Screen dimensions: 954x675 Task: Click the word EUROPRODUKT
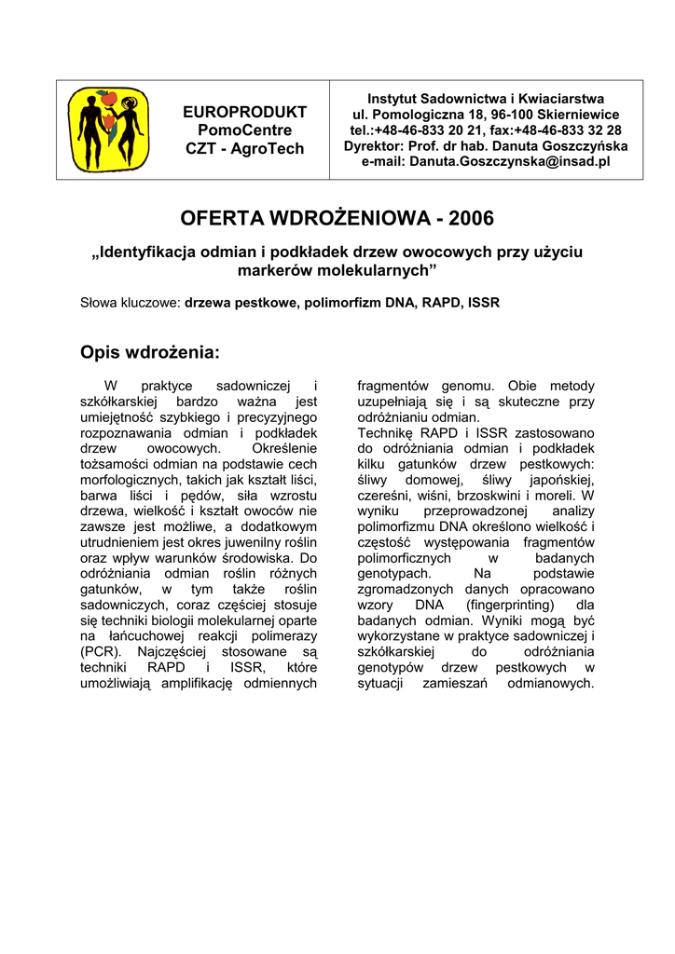(245, 113)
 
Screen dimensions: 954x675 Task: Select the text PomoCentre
(245, 130)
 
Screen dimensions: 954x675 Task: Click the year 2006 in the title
(470, 219)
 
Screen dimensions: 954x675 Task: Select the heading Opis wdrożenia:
(150, 353)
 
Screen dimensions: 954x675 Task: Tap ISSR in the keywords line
(483, 303)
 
